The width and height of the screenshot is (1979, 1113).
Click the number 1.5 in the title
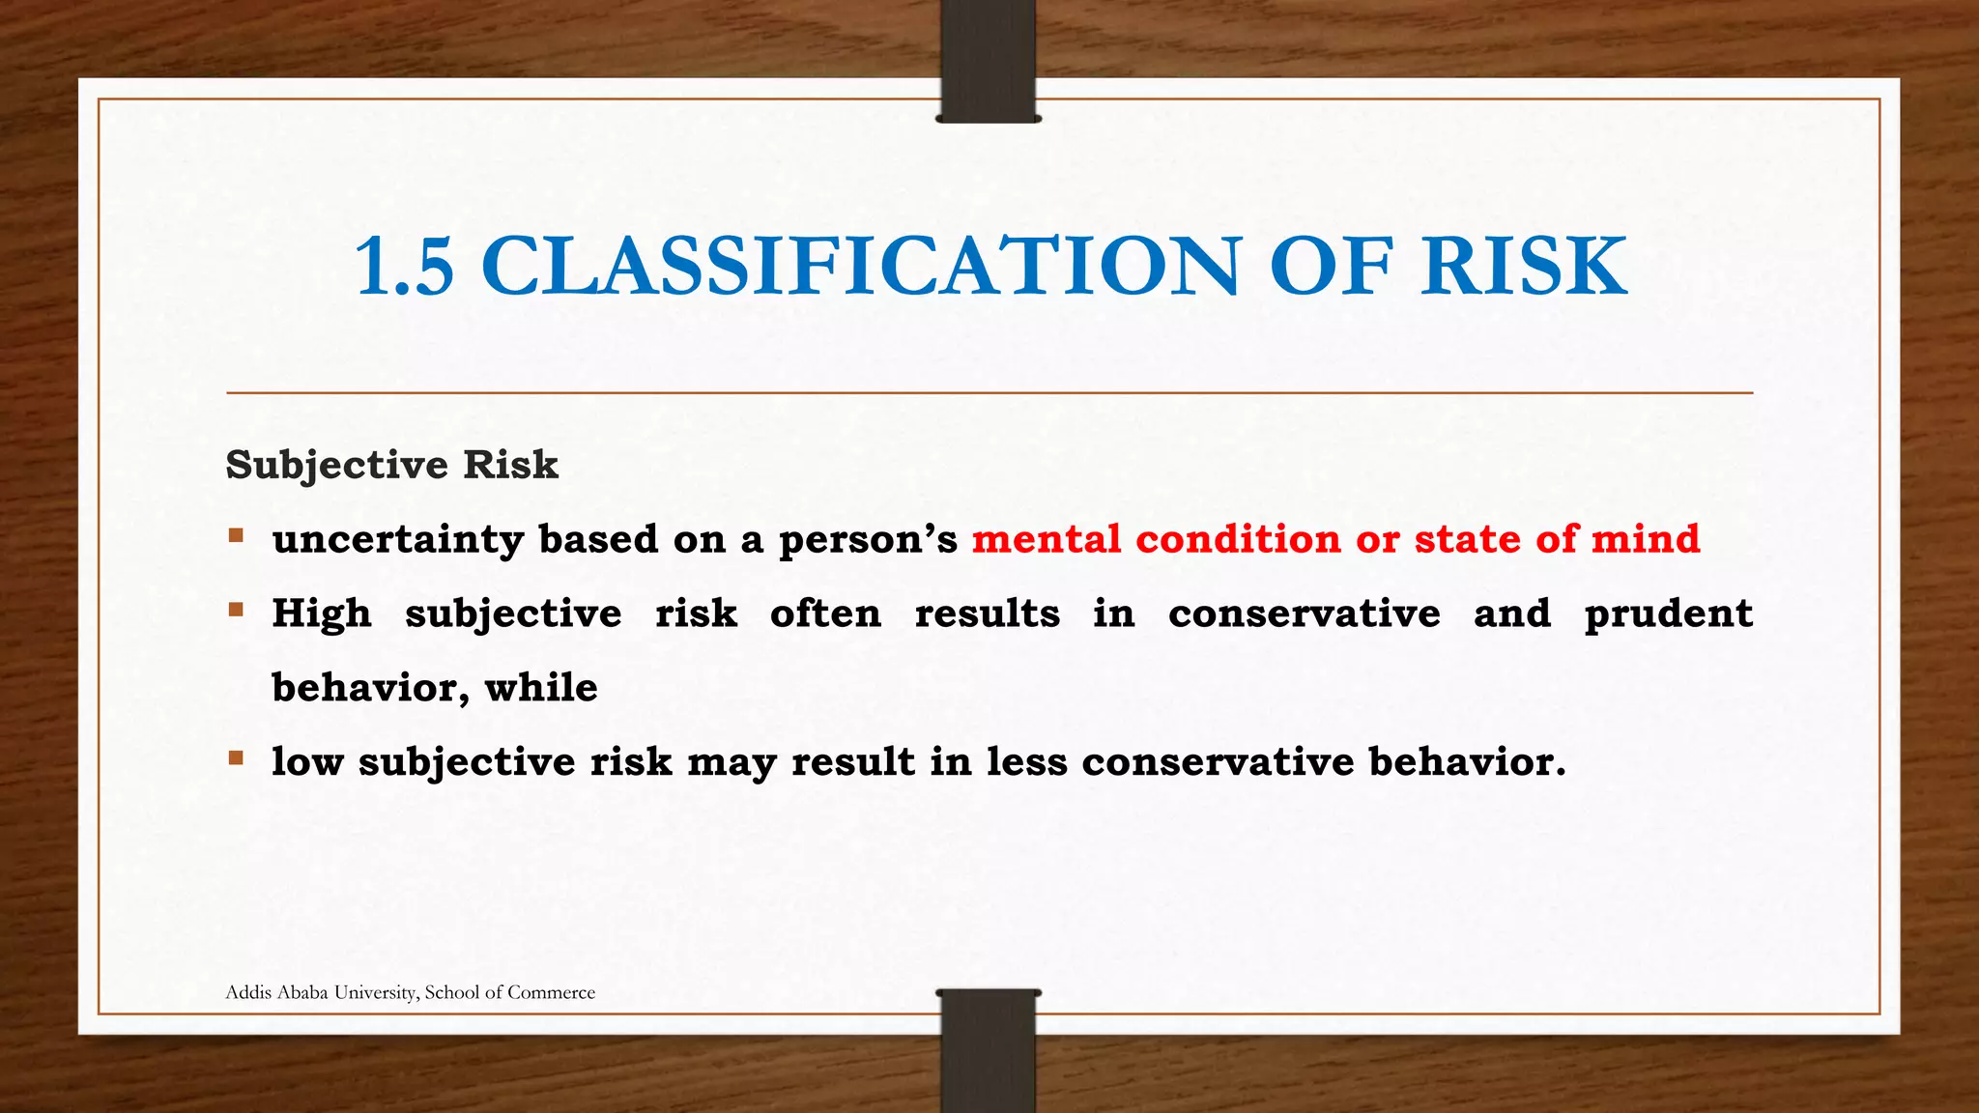pyautogui.click(x=404, y=266)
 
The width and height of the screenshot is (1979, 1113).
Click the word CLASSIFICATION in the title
pyautogui.click(x=860, y=266)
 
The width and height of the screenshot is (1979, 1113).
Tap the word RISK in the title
pyautogui.click(x=1524, y=266)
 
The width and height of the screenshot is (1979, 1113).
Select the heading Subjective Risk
pyautogui.click(x=391, y=465)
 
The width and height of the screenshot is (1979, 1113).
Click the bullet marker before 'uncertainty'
pyautogui.click(x=236, y=535)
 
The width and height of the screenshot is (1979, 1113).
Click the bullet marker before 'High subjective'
pyautogui.click(x=236, y=610)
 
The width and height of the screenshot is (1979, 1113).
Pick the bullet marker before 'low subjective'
pyautogui.click(x=236, y=758)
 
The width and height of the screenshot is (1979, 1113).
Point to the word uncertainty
pyautogui.click(x=397, y=539)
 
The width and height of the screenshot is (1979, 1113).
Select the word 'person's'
pyautogui.click(x=868, y=539)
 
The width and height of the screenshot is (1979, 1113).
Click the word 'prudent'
pyautogui.click(x=1668, y=614)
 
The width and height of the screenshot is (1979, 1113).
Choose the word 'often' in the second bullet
pyautogui.click(x=825, y=614)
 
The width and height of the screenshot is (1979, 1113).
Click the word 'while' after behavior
pyautogui.click(x=541, y=688)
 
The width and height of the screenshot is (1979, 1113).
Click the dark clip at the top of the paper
pyautogui.click(x=988, y=60)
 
